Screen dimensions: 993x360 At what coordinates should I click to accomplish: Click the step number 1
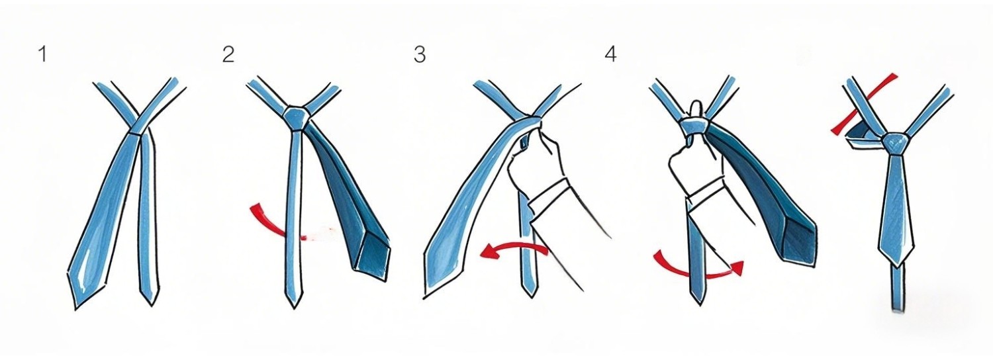[x=42, y=54]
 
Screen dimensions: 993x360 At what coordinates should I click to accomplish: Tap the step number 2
[x=228, y=54]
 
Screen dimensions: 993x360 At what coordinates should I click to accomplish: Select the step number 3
[x=419, y=54]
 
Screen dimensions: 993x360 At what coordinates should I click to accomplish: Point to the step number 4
[x=610, y=54]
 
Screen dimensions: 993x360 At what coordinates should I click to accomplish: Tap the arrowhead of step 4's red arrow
[x=737, y=268]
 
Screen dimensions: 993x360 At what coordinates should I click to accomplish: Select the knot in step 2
[x=295, y=118]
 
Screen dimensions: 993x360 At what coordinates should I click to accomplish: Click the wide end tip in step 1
[x=75, y=308]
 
